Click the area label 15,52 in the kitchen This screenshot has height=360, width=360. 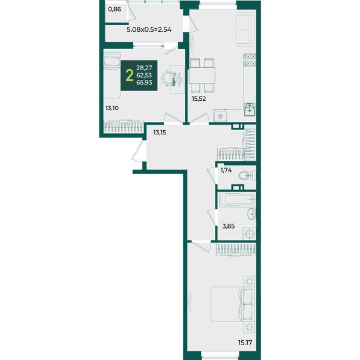pyautogui.click(x=199, y=99)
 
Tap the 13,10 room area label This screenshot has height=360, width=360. pyautogui.click(x=112, y=108)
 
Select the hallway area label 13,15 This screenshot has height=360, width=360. pyautogui.click(x=160, y=133)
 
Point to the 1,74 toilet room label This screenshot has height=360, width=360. pyautogui.click(x=226, y=170)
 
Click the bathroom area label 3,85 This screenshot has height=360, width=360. pyautogui.click(x=229, y=226)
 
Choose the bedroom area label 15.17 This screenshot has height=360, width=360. pyautogui.click(x=245, y=343)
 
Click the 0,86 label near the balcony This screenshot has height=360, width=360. pyautogui.click(x=115, y=10)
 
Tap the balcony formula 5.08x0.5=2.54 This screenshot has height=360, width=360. pyautogui.click(x=149, y=29)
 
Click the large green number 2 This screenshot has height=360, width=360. pyautogui.click(x=130, y=76)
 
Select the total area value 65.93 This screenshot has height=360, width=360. pyautogui.click(x=144, y=82)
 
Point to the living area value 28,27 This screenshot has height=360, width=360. pyautogui.click(x=144, y=68)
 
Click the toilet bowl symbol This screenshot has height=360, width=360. pyautogui.click(x=247, y=176)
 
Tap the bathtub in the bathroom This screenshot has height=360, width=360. pyautogui.click(x=237, y=199)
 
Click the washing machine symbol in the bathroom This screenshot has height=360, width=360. pyautogui.click(x=250, y=234)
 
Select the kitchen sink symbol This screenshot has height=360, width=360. pyautogui.click(x=250, y=109)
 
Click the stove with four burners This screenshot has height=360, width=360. pyautogui.click(x=250, y=60)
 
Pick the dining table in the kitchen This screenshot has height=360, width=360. pyautogui.click(x=202, y=76)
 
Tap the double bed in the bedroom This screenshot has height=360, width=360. pyautogui.click(x=233, y=304)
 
